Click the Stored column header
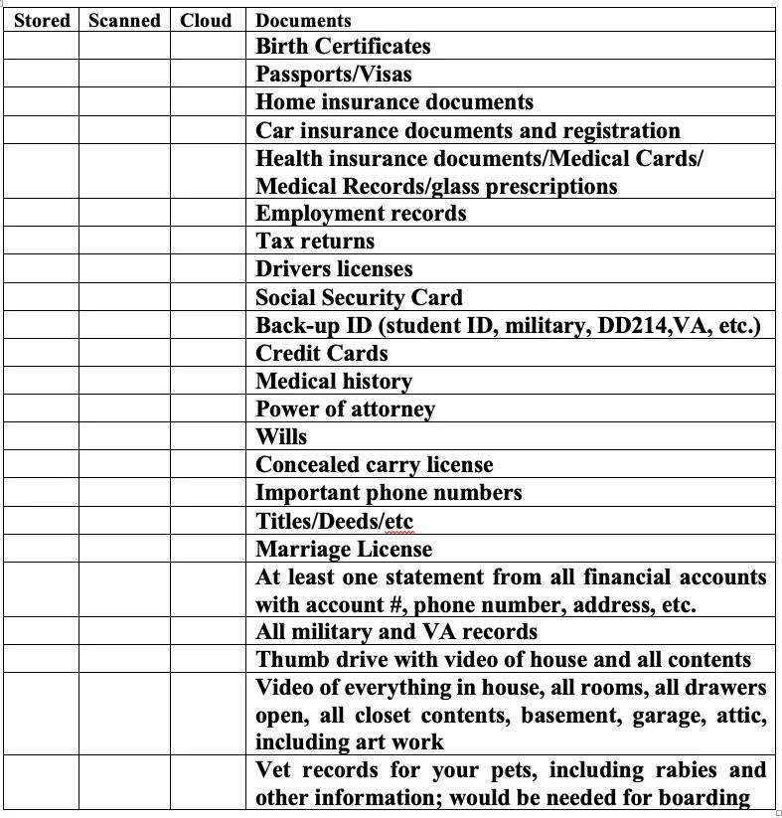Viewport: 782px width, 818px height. (x=42, y=20)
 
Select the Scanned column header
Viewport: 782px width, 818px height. (x=124, y=20)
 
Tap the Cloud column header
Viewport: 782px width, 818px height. (x=206, y=20)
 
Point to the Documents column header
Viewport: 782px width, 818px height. (x=303, y=20)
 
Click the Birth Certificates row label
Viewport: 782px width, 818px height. (x=343, y=46)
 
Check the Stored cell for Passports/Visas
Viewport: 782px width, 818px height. (x=42, y=74)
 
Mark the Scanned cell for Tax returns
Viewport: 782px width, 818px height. (x=124, y=241)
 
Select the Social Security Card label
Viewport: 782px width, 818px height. (x=359, y=297)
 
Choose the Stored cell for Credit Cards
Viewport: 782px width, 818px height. (x=42, y=353)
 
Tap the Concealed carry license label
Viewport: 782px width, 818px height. (x=374, y=464)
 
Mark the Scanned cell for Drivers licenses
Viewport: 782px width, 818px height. (x=124, y=268)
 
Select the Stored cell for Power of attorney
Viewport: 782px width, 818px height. (x=42, y=409)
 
